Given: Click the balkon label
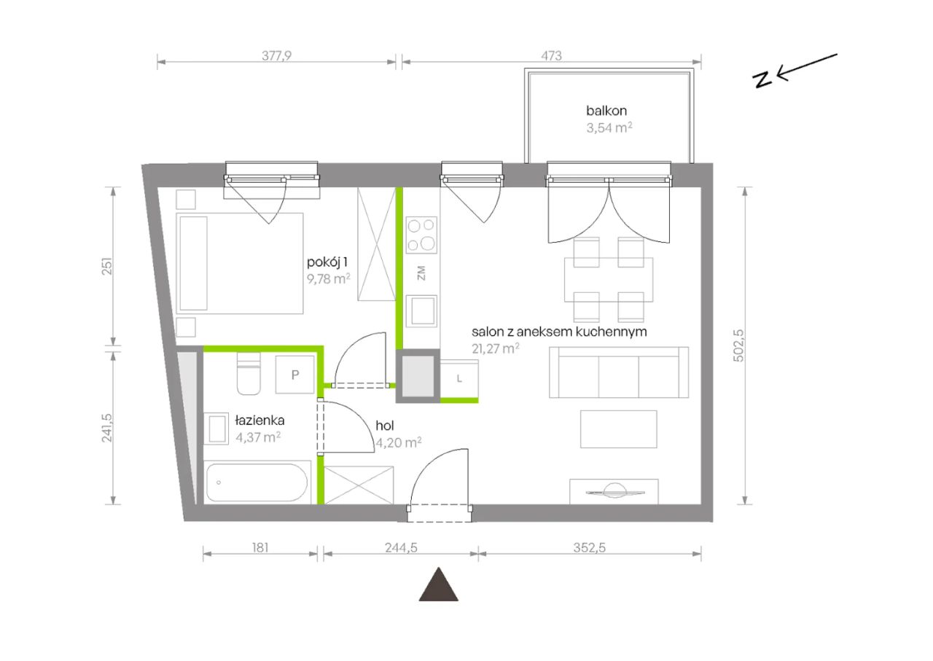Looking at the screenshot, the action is (606, 111).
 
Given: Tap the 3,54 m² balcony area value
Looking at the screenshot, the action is (609, 128).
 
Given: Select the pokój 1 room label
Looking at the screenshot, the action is (327, 262).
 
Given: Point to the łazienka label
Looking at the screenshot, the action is (260, 421).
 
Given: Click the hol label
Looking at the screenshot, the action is (385, 426).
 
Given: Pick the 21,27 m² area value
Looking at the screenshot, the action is (495, 348).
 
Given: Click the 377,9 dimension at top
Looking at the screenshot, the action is (276, 55).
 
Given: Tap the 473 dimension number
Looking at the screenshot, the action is (552, 55).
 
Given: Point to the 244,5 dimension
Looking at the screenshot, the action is (401, 547).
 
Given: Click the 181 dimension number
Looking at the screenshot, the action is (260, 547).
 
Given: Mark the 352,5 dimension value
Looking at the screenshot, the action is (590, 547).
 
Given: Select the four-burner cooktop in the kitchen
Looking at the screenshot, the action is (421, 235).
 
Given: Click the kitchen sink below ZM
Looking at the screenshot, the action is (421, 310).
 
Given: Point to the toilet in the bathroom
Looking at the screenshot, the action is (249, 374).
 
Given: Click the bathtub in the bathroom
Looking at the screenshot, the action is (257, 482).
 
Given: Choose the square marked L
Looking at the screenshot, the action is (459, 379).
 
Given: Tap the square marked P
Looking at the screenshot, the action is (295, 375).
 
